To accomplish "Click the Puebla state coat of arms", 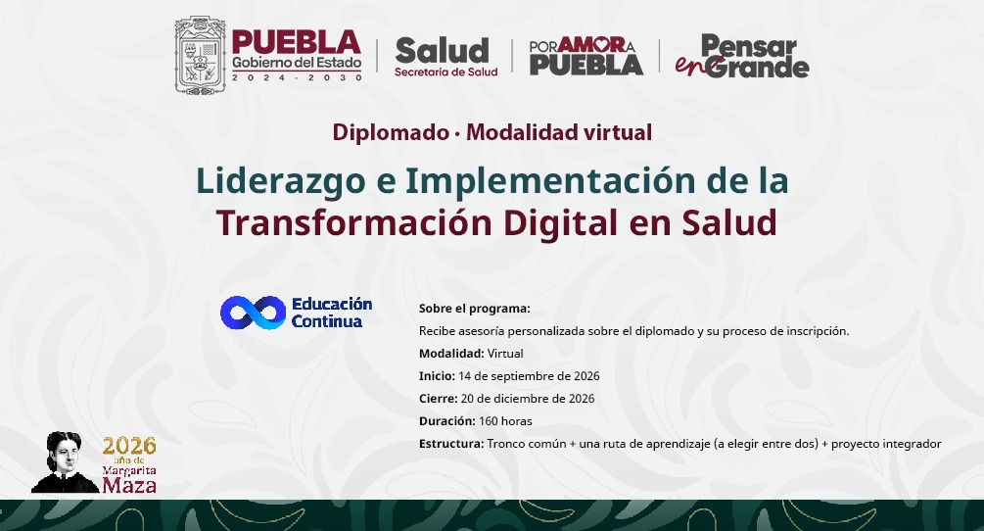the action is pyautogui.click(x=200, y=55).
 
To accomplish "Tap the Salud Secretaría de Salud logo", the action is pyautogui.click(x=445, y=57).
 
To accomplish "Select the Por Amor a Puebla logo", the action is pyautogui.click(x=586, y=56).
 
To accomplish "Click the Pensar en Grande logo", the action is pyautogui.click(x=742, y=56).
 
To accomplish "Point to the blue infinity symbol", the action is pyautogui.click(x=253, y=313).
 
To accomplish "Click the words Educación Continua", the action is pyautogui.click(x=332, y=313).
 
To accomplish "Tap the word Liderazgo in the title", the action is pyautogui.click(x=281, y=182).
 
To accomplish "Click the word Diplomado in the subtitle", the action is pyautogui.click(x=391, y=132).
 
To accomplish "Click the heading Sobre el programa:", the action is pyautogui.click(x=475, y=309).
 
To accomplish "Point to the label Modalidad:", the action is pyautogui.click(x=451, y=354).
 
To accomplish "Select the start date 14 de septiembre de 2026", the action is pyautogui.click(x=529, y=376).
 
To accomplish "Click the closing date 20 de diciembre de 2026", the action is pyautogui.click(x=528, y=399).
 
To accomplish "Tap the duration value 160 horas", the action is pyautogui.click(x=505, y=421).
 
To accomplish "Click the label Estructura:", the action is pyautogui.click(x=451, y=444).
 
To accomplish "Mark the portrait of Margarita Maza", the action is pyautogui.click(x=65, y=462).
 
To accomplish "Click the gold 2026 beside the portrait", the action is pyautogui.click(x=129, y=446).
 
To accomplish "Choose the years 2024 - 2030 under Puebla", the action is pyautogui.click(x=297, y=77).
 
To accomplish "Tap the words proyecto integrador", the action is pyautogui.click(x=886, y=444).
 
